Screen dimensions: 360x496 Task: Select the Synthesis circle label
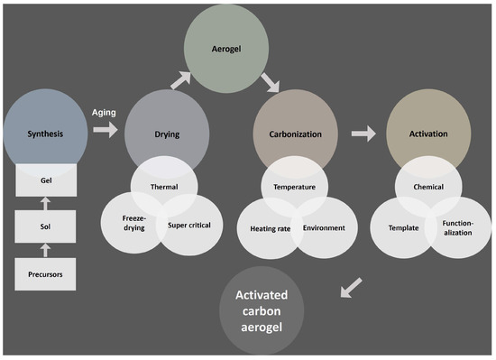click(42, 134)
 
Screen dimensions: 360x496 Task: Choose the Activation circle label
click(428, 134)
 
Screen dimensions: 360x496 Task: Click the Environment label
click(323, 227)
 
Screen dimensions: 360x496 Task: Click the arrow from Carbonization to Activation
click(363, 133)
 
